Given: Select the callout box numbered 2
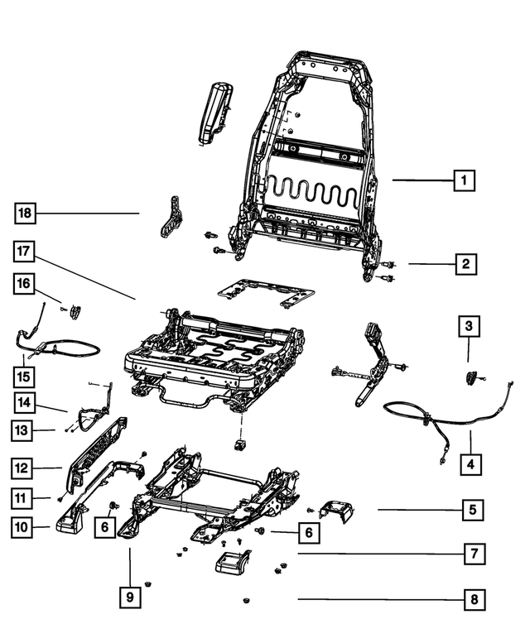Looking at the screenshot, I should (466, 264).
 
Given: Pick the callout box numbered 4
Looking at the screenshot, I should (470, 464).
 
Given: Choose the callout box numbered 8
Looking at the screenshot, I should (473, 599).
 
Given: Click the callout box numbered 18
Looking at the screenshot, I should (26, 214).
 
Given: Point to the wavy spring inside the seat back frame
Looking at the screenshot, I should (311, 194).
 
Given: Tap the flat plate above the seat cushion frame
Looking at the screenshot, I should (265, 291).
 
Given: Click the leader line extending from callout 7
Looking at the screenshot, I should (373, 554).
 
